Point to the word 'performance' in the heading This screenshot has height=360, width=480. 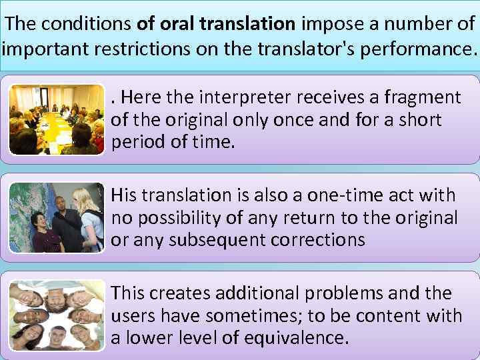pos(417,49)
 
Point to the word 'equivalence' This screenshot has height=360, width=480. pos(292,338)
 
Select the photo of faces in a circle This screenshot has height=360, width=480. pos(56,315)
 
